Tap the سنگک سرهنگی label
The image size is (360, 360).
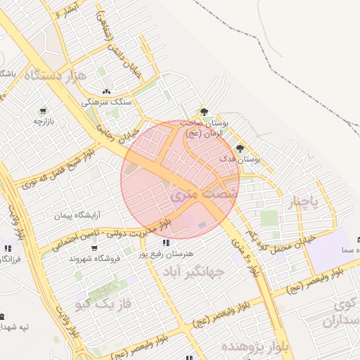pos(107,102)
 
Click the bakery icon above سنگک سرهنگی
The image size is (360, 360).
pos(107,91)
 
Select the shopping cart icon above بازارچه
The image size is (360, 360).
pos(44,110)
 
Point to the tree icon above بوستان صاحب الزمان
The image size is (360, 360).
pos(205,111)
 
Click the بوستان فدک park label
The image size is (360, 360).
pos(239,160)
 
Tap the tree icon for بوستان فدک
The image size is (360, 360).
pos(240,148)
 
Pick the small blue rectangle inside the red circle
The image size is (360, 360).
pos(202,225)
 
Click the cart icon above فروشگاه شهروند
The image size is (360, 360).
pos(94,247)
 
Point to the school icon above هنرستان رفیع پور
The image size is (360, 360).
pos(165,243)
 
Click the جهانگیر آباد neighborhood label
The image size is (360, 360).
pos(193,271)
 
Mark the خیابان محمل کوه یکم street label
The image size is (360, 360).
pos(284,238)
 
